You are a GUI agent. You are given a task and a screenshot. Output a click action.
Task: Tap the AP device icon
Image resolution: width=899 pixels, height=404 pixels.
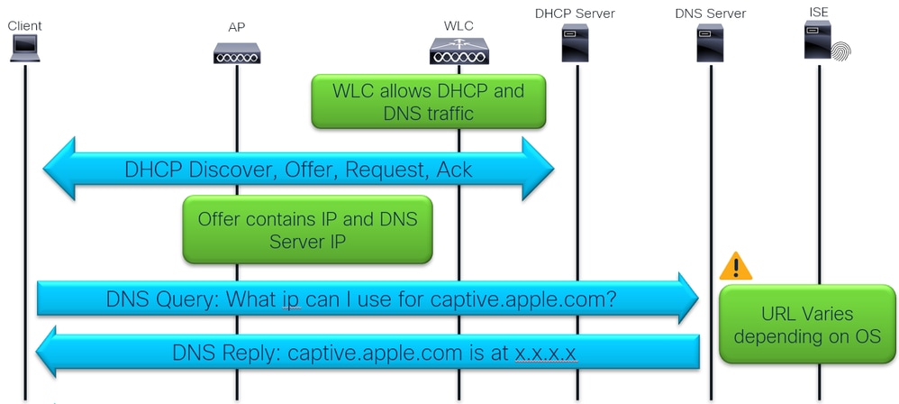coord(237,53)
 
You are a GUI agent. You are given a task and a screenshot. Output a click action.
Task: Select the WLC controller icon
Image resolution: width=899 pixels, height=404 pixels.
coord(459,51)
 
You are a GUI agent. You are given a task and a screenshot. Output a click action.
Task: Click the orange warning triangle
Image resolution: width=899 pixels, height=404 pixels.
coord(736,266)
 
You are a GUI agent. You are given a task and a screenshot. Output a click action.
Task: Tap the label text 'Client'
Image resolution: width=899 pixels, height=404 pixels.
coord(24,26)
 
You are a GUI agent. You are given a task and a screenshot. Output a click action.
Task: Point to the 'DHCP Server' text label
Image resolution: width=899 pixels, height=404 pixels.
coord(575,13)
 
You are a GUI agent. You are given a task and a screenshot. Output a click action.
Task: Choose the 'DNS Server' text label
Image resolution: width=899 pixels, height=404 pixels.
coord(710,14)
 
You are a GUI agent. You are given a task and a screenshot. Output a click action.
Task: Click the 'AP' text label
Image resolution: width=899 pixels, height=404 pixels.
coord(236,27)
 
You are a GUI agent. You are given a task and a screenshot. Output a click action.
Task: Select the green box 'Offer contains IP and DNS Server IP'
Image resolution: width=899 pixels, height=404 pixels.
coord(307,230)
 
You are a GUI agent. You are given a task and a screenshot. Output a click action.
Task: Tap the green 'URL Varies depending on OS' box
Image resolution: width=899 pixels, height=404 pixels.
coord(805,326)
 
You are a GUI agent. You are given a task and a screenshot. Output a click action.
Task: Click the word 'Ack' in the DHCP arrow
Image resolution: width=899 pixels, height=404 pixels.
coord(454,170)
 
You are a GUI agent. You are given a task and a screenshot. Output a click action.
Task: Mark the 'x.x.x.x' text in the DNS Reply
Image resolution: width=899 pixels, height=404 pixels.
coord(546,353)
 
